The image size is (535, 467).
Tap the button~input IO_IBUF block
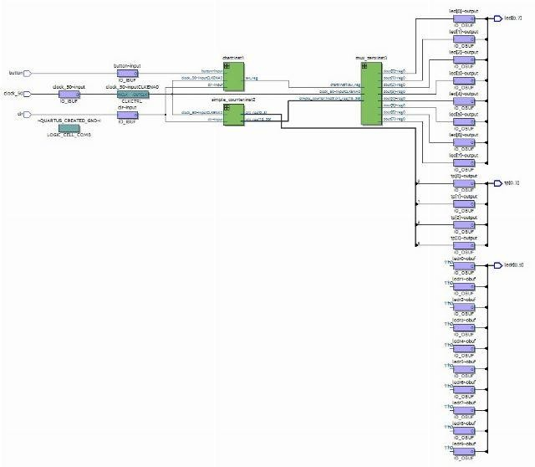(128, 74)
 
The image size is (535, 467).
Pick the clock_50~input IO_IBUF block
(69, 95)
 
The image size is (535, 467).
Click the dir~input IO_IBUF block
(128, 114)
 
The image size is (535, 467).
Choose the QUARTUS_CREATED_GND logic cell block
(69, 127)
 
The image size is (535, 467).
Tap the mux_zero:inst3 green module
(371, 93)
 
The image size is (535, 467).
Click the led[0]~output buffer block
(462, 19)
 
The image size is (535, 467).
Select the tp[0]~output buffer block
(462, 183)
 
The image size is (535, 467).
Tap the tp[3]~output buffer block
(462, 245)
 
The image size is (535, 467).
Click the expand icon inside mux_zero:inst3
(366, 66)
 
